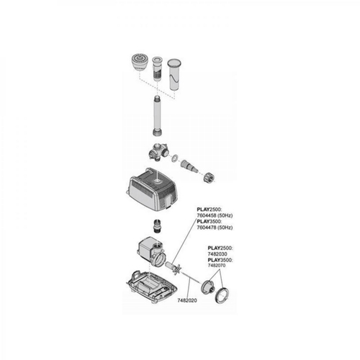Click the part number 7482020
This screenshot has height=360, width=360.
click(x=187, y=300)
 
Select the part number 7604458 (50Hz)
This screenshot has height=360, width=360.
click(x=215, y=215)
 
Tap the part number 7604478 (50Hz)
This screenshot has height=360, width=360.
click(x=215, y=227)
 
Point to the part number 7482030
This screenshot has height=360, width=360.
click(x=217, y=254)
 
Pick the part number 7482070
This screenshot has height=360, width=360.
click(x=217, y=266)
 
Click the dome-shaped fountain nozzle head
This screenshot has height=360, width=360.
click(x=139, y=63)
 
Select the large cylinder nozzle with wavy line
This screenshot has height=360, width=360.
click(x=174, y=75)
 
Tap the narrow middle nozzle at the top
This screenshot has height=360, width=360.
click(x=157, y=68)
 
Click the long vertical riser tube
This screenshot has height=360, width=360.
click(x=157, y=115)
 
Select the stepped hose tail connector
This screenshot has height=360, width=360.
click(x=189, y=166)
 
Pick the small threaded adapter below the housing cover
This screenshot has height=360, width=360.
click(x=157, y=226)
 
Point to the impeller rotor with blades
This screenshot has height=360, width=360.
click(x=173, y=268)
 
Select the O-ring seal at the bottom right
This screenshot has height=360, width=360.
click(x=222, y=295)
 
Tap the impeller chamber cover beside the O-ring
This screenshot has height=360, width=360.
click(x=207, y=286)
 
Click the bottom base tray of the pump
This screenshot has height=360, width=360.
click(x=152, y=287)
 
